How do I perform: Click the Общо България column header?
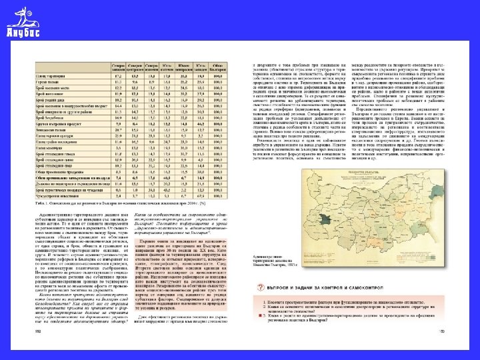pos(217,65)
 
